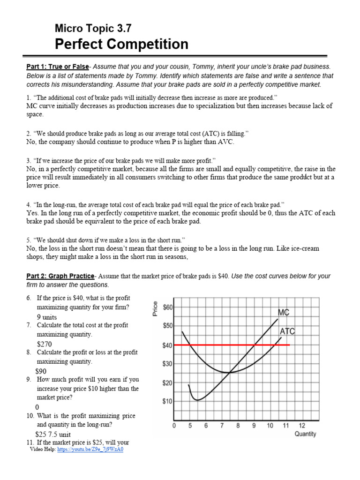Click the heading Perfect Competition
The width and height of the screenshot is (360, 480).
pos(121,45)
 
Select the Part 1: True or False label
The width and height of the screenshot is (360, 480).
pos(57,67)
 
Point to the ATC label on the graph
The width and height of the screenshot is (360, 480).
pos(287,331)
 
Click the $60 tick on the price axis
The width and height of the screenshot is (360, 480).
pos(167,307)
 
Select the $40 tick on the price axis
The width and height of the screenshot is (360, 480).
pos(167,345)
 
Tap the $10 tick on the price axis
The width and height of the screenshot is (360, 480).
pos(167,402)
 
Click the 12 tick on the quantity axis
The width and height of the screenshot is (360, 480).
pos(302,426)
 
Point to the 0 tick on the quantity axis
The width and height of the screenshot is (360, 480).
pos(174,426)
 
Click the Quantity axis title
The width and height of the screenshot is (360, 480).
pos(305,434)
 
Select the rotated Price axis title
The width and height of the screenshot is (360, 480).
pos(155,308)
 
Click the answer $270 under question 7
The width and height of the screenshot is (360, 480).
pos(44,344)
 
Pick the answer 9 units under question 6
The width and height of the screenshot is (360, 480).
pos(47,317)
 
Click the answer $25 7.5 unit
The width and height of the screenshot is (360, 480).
pos(53,434)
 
